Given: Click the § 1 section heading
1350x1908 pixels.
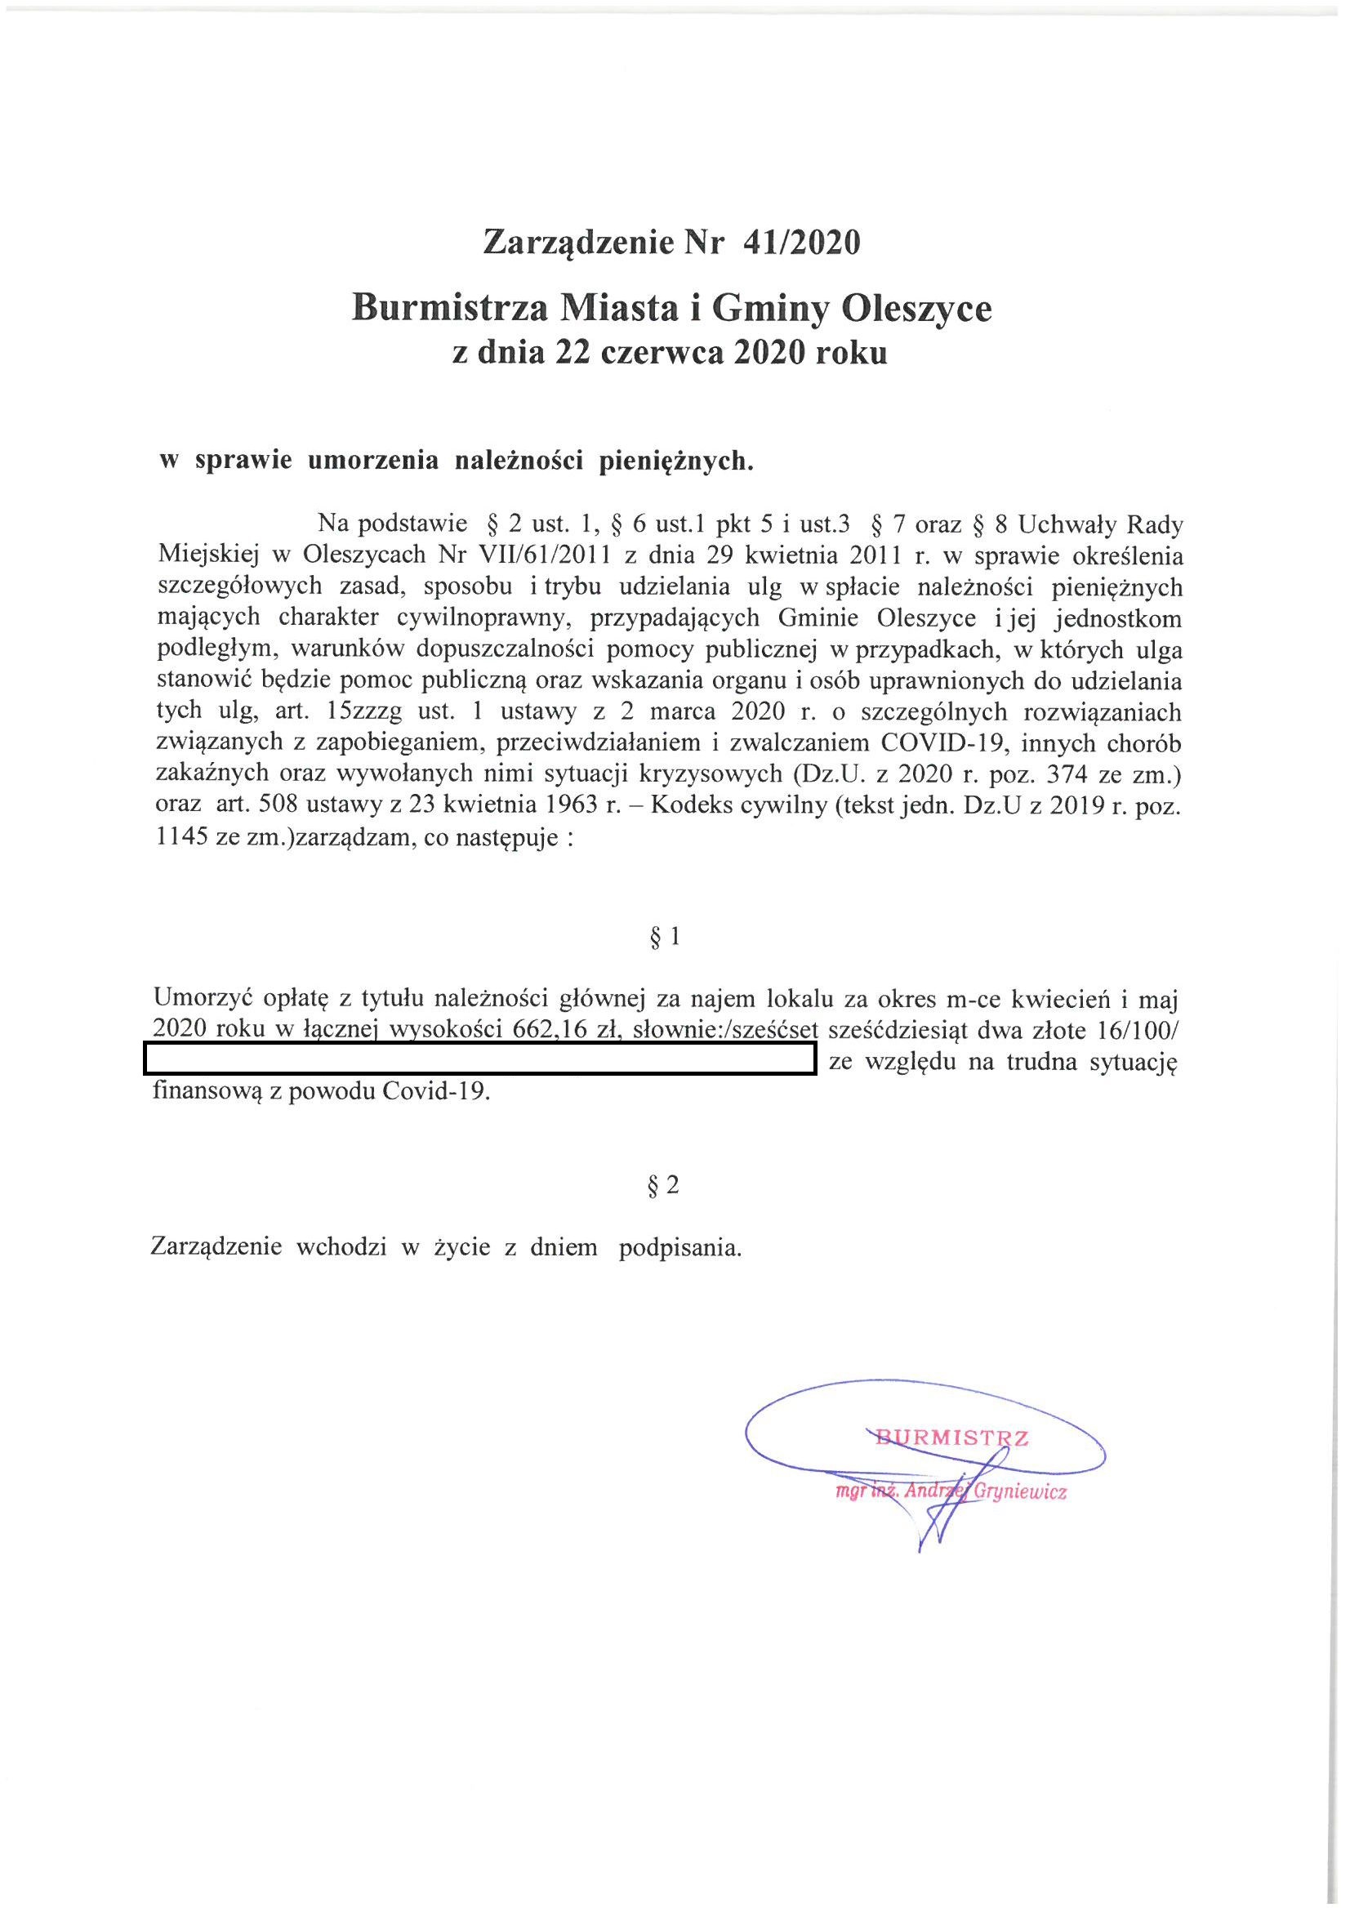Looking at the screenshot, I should point(664,938).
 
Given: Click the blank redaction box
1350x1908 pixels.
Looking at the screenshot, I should point(479,1061).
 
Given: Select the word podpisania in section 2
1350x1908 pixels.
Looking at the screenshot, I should point(679,1248).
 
